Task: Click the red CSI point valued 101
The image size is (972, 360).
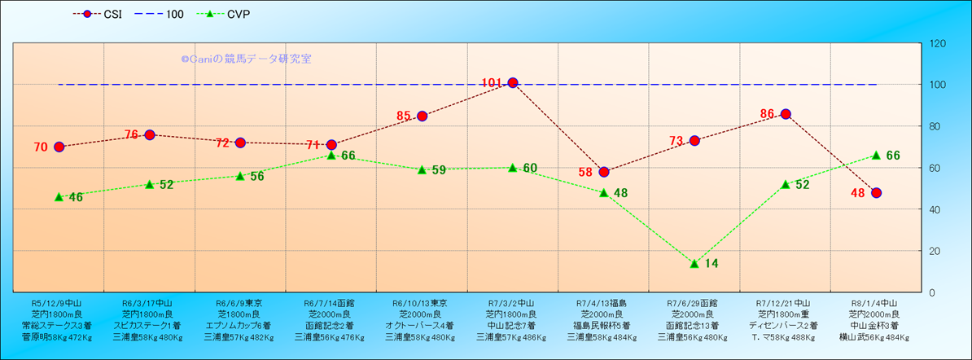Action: [x=513, y=83]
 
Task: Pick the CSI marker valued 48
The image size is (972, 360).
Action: [x=876, y=193]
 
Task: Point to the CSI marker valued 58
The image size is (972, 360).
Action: [x=604, y=172]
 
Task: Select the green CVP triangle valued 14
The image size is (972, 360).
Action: [x=694, y=263]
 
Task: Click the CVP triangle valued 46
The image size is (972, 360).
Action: [x=59, y=197]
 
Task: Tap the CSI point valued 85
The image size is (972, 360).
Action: [x=422, y=116]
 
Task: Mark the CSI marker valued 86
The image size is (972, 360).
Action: [x=786, y=114]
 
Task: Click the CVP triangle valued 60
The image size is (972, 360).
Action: [x=513, y=168]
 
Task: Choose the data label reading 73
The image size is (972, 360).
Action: [x=676, y=141]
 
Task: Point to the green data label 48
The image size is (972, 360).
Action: [x=620, y=193]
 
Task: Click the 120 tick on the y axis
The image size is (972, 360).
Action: [x=938, y=43]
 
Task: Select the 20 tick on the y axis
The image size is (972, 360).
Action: [x=935, y=251]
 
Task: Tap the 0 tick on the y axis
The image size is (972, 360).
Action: [x=933, y=292]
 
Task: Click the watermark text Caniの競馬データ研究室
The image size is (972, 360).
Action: [x=246, y=59]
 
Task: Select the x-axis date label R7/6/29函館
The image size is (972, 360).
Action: [x=694, y=301]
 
